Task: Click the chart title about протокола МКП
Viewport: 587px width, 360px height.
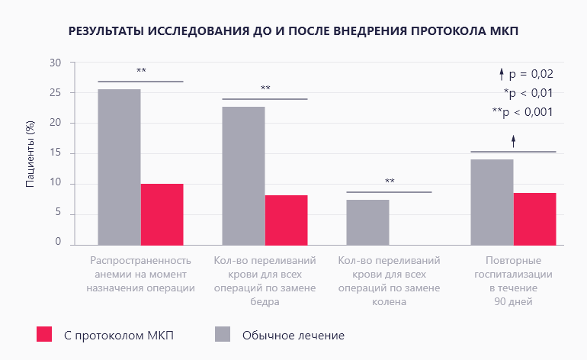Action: (293, 32)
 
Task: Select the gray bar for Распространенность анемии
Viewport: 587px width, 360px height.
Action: (119, 167)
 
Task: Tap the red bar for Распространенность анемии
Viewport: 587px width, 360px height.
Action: (162, 214)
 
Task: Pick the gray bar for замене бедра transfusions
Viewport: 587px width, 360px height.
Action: (243, 175)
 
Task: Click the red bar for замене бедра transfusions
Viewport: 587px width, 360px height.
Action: (286, 220)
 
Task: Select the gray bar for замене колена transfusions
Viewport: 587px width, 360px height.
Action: (367, 222)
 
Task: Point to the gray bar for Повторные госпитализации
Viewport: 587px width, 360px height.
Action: (492, 202)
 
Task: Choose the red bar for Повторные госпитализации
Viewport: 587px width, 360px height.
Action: (534, 219)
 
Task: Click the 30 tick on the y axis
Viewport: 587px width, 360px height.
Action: (55, 63)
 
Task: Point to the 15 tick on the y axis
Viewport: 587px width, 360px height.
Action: (55, 153)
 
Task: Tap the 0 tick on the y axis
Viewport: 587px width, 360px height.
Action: (57, 242)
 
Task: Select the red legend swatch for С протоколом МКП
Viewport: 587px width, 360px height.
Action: (44, 334)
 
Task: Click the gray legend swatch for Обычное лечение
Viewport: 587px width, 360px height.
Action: (222, 334)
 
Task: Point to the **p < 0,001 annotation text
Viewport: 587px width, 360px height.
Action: (522, 112)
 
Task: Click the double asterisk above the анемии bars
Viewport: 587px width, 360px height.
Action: (141, 72)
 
